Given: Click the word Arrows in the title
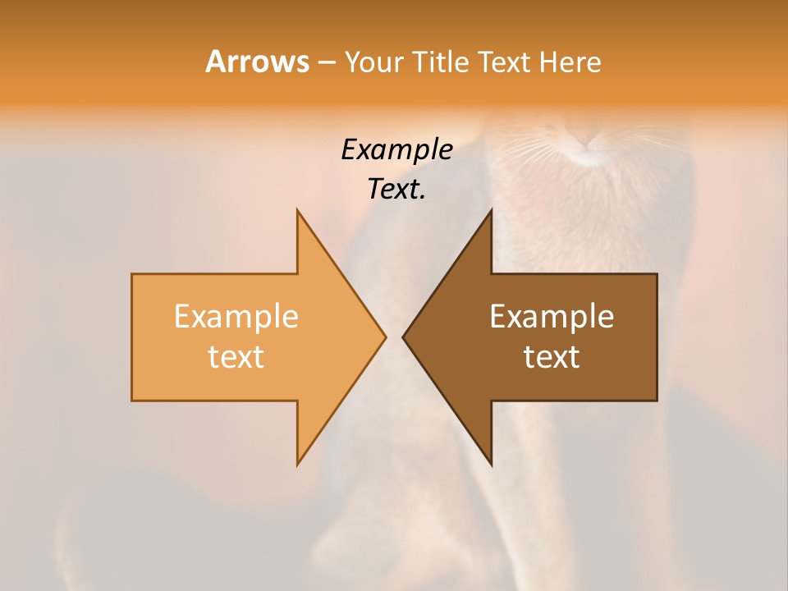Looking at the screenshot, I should click(x=257, y=62).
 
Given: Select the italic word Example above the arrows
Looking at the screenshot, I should click(x=396, y=150).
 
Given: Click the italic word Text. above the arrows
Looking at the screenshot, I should click(x=396, y=190).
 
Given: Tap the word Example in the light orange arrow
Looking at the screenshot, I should click(x=236, y=317).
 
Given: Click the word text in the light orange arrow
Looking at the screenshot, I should click(x=236, y=357).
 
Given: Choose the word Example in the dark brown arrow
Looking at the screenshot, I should click(x=552, y=317).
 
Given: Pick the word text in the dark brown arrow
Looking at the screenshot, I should click(x=552, y=357).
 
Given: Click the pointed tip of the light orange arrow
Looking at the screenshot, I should click(x=385, y=337).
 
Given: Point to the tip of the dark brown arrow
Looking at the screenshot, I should click(x=404, y=337).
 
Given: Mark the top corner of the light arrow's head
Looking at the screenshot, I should click(x=298, y=211).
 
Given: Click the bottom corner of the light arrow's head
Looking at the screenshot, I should click(x=298, y=464).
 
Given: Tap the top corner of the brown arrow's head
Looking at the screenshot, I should click(x=491, y=211).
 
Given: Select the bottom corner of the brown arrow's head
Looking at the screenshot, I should click(x=491, y=464).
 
